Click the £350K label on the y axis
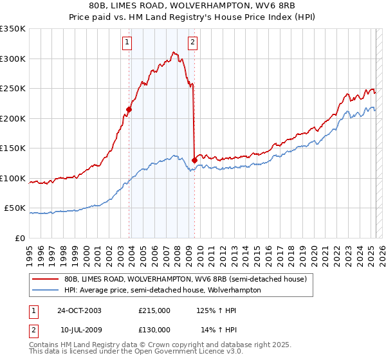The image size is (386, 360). pyautogui.click(x=13, y=29)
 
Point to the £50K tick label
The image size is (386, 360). pyautogui.click(x=15, y=208)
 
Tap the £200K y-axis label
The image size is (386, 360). pyautogui.click(x=13, y=118)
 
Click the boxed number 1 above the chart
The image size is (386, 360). pyautogui.click(x=127, y=43)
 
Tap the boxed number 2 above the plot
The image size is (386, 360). pyautogui.click(x=192, y=43)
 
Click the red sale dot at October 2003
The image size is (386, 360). pyautogui.click(x=129, y=110)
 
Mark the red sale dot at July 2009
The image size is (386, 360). pyautogui.click(x=194, y=160)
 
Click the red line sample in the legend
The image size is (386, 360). pyautogui.click(x=45, y=279)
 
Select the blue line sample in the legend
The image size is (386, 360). pyautogui.click(x=45, y=290)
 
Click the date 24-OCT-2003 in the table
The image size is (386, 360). pyautogui.click(x=79, y=310)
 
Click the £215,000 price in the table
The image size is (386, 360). pyautogui.click(x=154, y=310)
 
